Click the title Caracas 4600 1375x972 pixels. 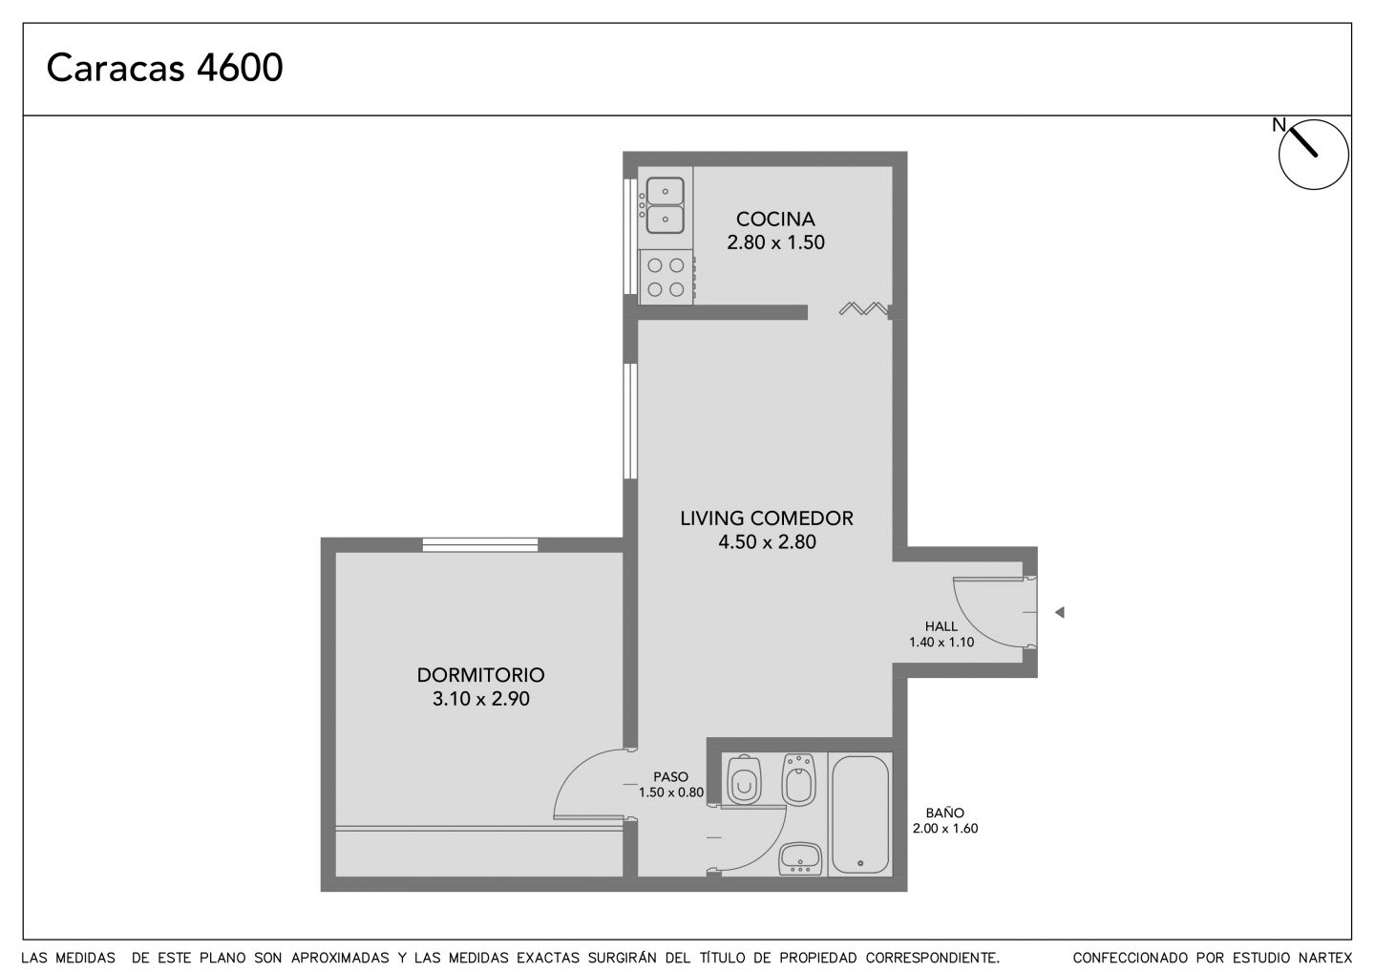coord(164,68)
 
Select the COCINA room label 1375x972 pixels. coord(775,219)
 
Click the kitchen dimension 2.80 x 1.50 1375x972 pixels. coord(775,243)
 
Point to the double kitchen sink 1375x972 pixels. coord(665,205)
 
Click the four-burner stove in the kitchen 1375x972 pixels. coord(666,277)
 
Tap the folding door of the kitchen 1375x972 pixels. coord(863,308)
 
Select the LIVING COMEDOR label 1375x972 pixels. coord(767,518)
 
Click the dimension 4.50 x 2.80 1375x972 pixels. coord(768,542)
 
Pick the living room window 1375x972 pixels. coord(630,421)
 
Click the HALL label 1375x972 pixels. coord(941,626)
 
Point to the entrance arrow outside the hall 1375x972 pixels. coord(1060,612)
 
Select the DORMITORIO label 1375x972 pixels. coord(480,675)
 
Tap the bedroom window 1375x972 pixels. coord(480,545)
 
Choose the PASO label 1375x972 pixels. coord(670,777)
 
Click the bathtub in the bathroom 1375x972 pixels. coord(860,814)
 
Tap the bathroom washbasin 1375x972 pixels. coord(800,858)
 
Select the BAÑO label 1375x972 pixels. coord(944,814)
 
